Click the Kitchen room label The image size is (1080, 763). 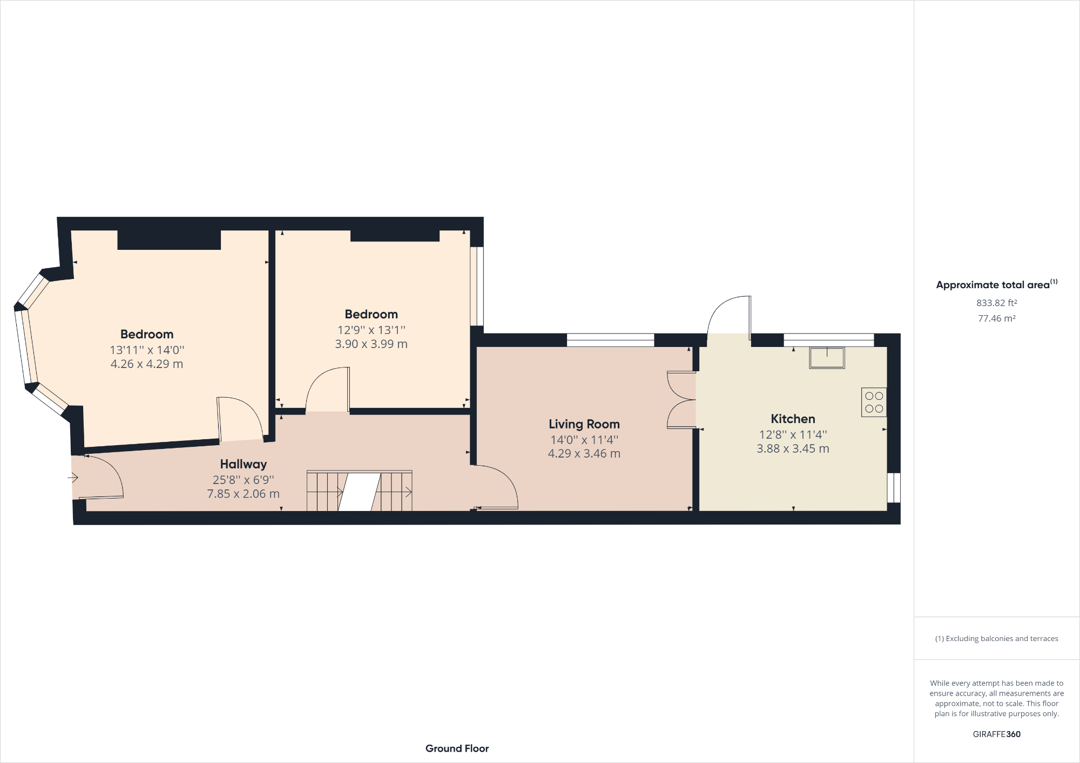coord(793,419)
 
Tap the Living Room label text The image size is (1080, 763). coord(584,424)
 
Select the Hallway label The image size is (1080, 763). coord(244,464)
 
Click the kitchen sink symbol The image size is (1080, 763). coord(827,357)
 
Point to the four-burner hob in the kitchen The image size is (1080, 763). coord(874,402)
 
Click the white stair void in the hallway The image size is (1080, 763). coord(360,492)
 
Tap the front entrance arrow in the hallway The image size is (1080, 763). coord(73,478)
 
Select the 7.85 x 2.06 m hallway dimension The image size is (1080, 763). coord(244,494)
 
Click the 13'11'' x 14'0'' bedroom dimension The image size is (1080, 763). coord(147,350)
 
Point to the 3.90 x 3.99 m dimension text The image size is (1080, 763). coord(372,344)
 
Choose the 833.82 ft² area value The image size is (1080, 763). coord(997,303)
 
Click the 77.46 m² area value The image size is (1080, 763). coord(997,318)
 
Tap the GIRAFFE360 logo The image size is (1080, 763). coord(997,734)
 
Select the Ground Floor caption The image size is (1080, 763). coord(457,748)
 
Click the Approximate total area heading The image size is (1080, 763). coord(997,284)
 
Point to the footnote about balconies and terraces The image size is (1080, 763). coord(997,638)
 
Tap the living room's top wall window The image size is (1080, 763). coord(610,340)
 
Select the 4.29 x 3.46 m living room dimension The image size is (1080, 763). coord(584,454)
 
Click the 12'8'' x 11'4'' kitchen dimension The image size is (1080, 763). coord(793,434)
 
